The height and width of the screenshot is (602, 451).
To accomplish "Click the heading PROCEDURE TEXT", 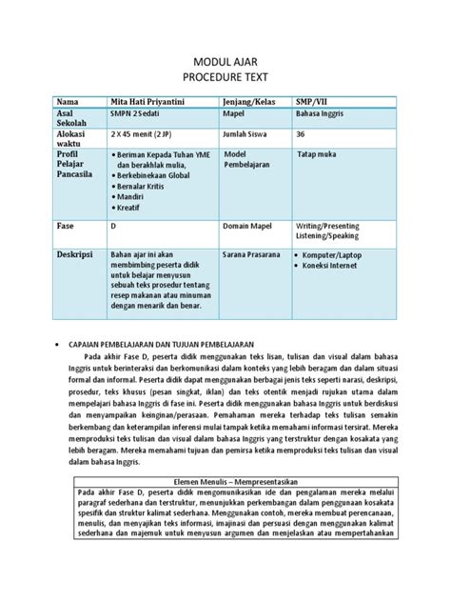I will [x=225, y=77].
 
